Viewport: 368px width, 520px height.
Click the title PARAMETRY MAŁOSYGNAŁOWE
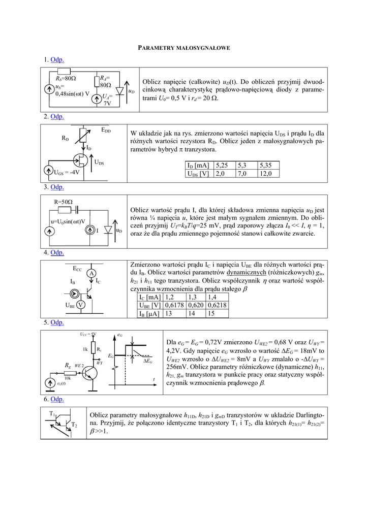tap(184, 47)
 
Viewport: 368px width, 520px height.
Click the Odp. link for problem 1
tap(57, 60)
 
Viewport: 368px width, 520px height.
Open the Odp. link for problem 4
tap(57, 252)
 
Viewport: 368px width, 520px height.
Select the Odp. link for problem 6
tap(57, 399)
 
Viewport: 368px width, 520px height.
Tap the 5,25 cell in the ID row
tap(225, 165)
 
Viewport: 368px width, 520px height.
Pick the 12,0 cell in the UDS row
tap(268, 174)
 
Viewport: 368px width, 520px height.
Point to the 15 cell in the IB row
tap(211, 314)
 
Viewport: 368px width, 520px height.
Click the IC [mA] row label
tap(150, 297)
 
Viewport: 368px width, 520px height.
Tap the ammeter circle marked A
tap(91, 273)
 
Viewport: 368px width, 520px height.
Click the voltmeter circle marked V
tap(80, 305)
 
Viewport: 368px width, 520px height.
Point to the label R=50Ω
tap(63, 202)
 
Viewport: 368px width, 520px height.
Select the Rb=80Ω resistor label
tap(66, 79)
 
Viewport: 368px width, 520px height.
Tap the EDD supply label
tap(106, 131)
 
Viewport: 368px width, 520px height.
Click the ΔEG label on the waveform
tap(148, 361)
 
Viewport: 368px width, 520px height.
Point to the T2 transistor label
tap(74, 425)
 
